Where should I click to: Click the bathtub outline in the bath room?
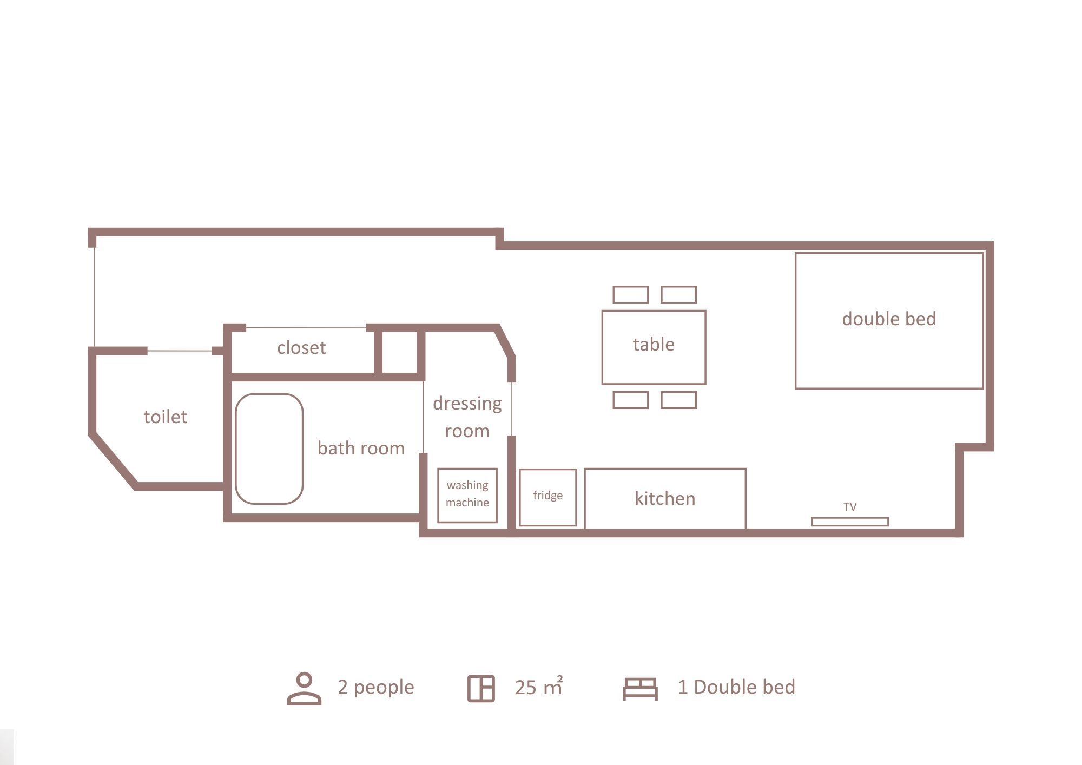pyautogui.click(x=236, y=449)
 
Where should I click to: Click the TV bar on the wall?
pyautogui.click(x=849, y=522)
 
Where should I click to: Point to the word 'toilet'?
pyautogui.click(x=165, y=417)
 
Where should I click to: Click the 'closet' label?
pyautogui.click(x=301, y=347)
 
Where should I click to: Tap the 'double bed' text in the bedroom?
pyautogui.click(x=889, y=319)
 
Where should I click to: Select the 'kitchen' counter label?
pyautogui.click(x=665, y=498)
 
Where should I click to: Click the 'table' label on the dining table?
pyautogui.click(x=654, y=344)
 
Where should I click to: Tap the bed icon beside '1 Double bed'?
pyautogui.click(x=640, y=689)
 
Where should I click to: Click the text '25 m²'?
pyautogui.click(x=539, y=686)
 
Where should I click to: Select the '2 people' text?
pyautogui.click(x=376, y=687)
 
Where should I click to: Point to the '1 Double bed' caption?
pyautogui.click(x=736, y=687)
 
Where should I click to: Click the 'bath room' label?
pyautogui.click(x=361, y=448)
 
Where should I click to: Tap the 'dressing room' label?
pyautogui.click(x=467, y=417)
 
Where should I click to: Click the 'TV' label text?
pyautogui.click(x=850, y=507)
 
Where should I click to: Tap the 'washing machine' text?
pyautogui.click(x=467, y=493)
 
